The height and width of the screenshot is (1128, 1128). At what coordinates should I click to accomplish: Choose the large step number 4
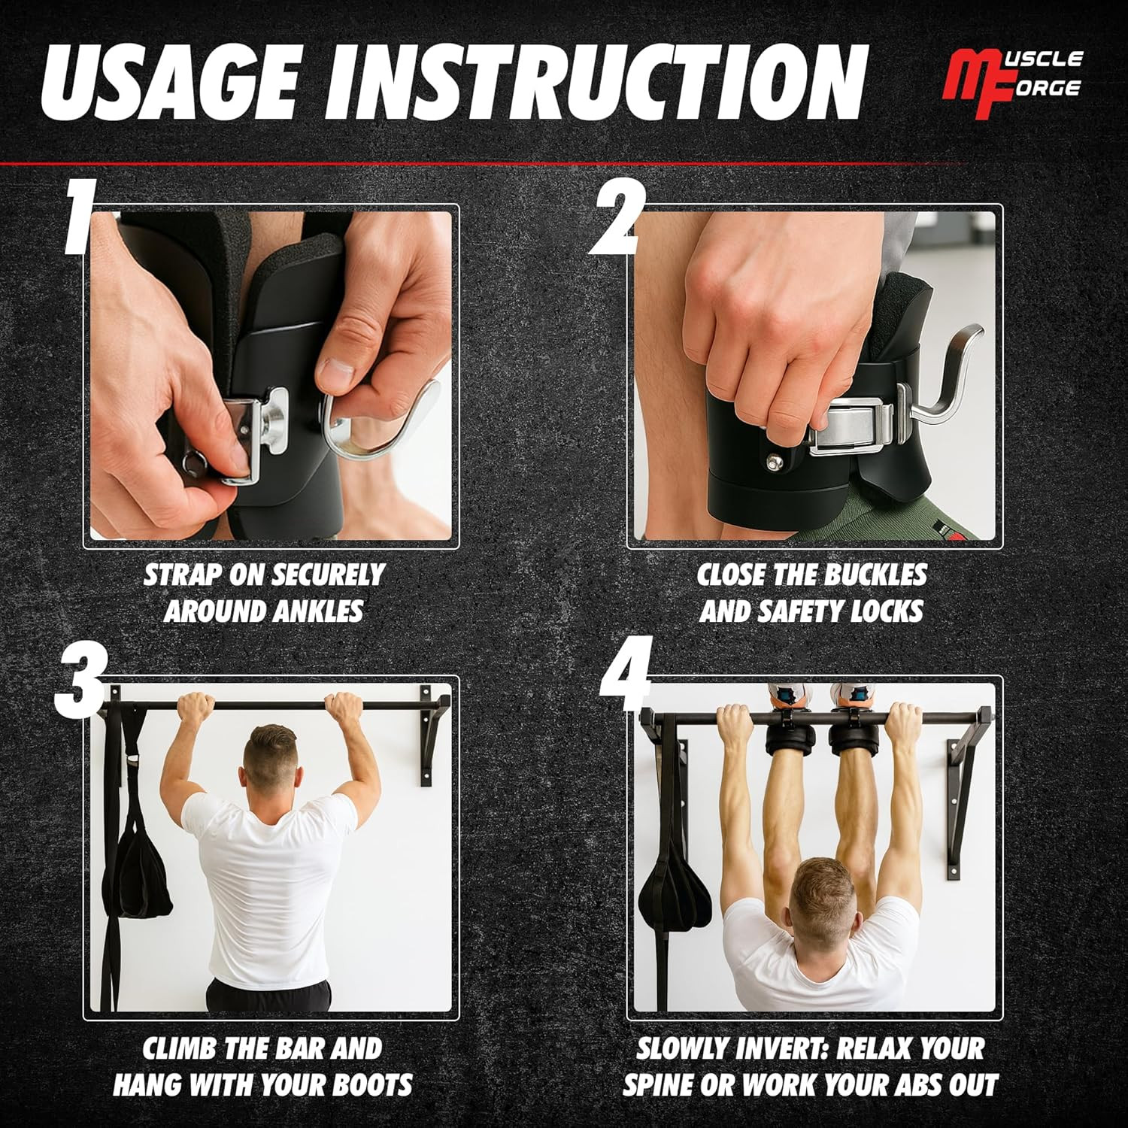pyautogui.click(x=626, y=681)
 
